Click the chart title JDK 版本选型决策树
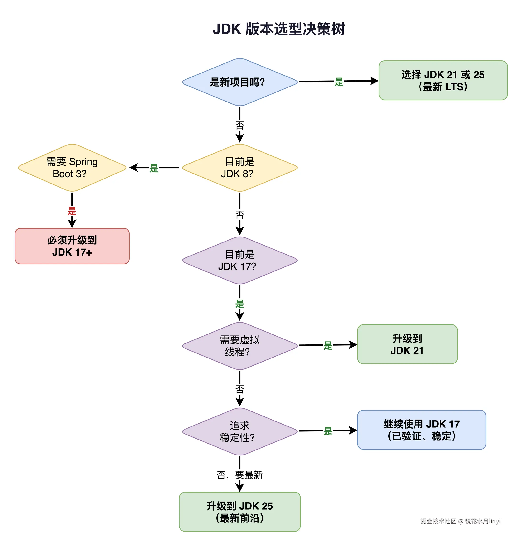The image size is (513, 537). point(278,29)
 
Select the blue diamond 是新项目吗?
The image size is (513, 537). point(239,82)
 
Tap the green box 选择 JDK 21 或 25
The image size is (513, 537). point(443,80)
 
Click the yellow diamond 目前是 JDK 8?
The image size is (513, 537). point(239,168)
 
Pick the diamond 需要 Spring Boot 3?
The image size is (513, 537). point(72,168)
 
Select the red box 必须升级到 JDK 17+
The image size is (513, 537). point(72,246)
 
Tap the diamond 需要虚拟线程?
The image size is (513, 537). point(239,346)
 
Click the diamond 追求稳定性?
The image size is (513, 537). point(239,431)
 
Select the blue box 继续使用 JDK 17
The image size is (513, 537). point(421,430)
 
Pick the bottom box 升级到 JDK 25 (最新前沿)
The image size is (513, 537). point(239,512)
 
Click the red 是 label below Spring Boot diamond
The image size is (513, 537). point(72,211)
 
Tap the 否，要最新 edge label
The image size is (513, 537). point(239,475)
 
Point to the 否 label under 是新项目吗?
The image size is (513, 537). point(239,126)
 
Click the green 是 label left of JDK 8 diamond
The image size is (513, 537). point(154,168)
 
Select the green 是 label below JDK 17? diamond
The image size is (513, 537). point(239,304)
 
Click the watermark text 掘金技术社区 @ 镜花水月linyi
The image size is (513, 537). point(460,521)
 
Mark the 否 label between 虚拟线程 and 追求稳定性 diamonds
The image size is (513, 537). point(239,389)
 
